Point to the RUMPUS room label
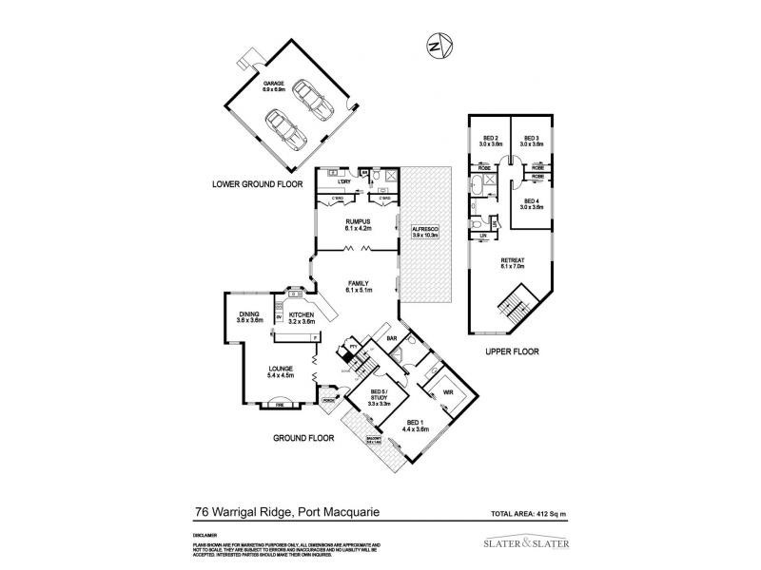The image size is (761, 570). [x=357, y=225]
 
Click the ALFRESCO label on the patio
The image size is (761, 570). [x=423, y=232]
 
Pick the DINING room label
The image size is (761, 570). [x=249, y=315]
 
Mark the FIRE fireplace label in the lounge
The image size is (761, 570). [x=281, y=405]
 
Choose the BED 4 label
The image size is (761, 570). [x=532, y=203]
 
